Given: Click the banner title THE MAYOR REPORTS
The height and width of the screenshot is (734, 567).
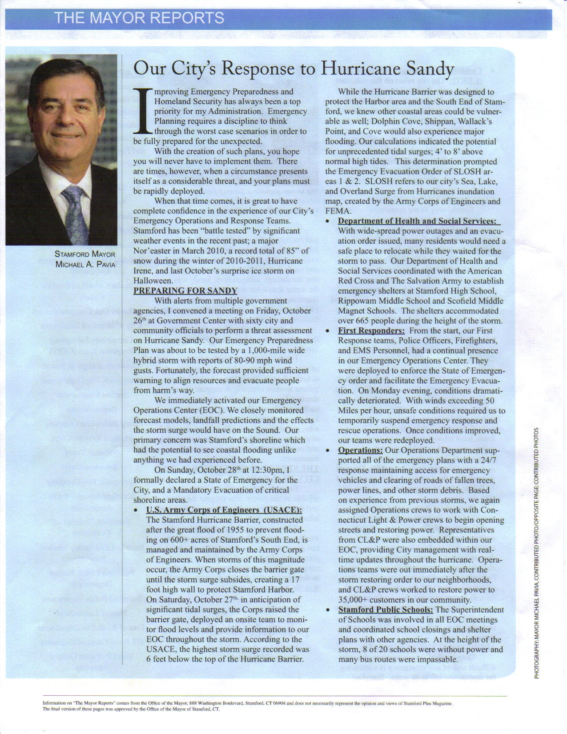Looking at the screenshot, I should [x=139, y=18].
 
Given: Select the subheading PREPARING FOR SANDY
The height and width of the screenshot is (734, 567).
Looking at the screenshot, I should [x=185, y=291].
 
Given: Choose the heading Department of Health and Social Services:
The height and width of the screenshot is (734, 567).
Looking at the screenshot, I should [x=417, y=221].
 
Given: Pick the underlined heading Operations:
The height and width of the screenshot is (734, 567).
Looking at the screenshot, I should [x=360, y=450].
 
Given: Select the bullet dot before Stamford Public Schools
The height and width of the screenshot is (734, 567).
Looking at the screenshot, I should [x=328, y=610].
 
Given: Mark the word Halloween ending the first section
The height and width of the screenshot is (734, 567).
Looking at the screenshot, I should [x=153, y=281].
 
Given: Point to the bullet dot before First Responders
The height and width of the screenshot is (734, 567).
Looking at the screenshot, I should [x=328, y=331].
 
